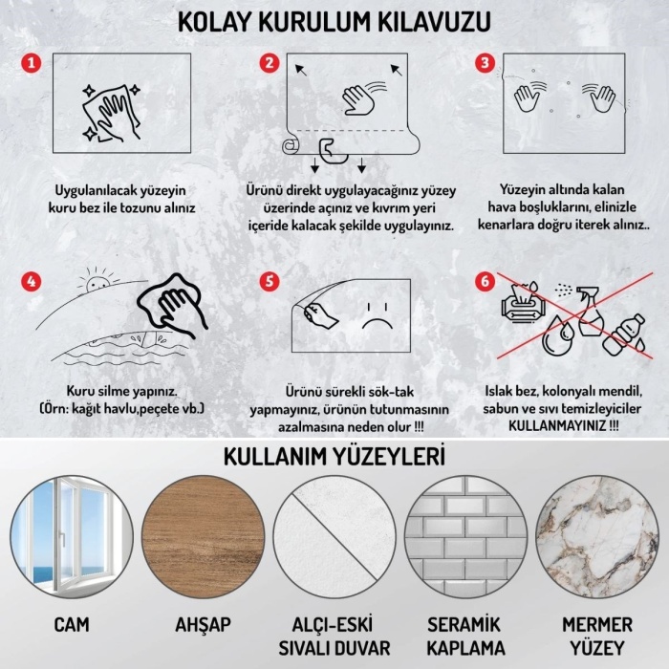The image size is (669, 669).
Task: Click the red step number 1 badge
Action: [32, 63]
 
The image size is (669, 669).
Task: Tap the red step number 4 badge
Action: [32, 282]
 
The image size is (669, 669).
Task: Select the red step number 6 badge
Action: [486, 282]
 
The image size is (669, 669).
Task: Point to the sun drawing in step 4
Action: [96, 284]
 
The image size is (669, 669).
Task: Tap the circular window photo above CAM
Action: [72, 537]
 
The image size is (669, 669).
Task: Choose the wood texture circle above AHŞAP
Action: [203, 537]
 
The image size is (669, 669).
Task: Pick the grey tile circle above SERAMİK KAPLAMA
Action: [465, 537]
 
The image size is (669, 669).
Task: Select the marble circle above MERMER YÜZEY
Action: [596, 537]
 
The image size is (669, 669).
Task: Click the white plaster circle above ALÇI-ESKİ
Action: [334, 537]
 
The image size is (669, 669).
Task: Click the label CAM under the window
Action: [72, 625]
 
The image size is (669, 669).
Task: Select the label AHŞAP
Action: [203, 625]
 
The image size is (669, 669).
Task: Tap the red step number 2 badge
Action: [270, 63]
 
